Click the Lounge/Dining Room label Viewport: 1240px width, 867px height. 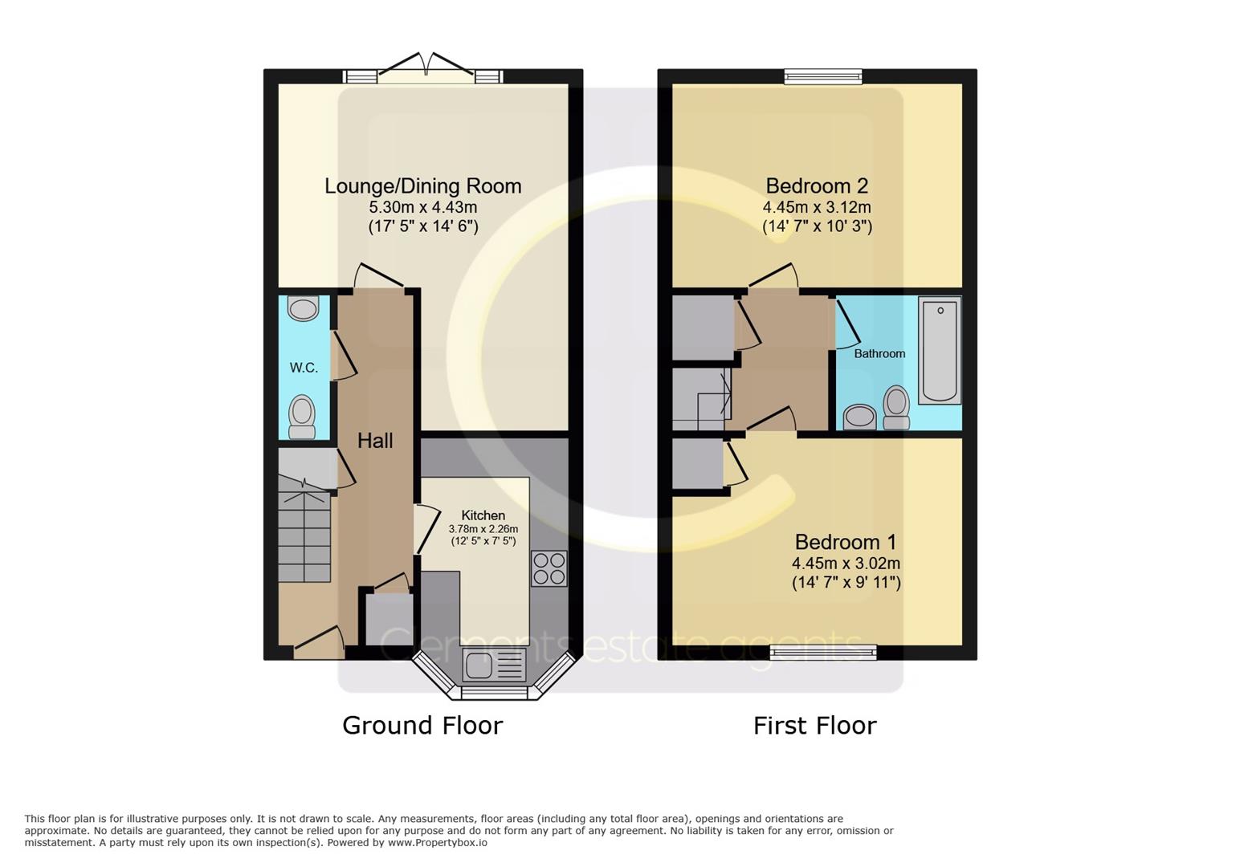coord(423,186)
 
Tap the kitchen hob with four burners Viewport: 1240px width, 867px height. coord(549,568)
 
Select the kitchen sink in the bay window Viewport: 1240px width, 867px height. coord(495,666)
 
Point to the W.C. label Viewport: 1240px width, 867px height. coord(304,368)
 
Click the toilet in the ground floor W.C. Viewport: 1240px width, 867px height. coord(302,417)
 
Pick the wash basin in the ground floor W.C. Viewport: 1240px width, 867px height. coord(304,308)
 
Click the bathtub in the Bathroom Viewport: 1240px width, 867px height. coord(940,350)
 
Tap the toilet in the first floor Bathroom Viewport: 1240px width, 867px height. coord(896,407)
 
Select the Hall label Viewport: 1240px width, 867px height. coord(375,441)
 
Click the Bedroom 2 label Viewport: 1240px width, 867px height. coord(817,186)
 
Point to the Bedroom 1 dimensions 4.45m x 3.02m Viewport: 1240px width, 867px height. coord(846,564)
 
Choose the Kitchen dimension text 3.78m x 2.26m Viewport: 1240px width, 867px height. coord(483,529)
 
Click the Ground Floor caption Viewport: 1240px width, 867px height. coord(422,726)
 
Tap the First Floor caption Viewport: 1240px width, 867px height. coord(815,726)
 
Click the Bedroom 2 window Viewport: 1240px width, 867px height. coord(823,76)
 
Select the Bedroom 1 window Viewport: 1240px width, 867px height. coord(823,653)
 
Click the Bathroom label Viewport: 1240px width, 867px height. coord(879,353)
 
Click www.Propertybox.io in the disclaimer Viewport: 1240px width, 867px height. coord(438,843)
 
